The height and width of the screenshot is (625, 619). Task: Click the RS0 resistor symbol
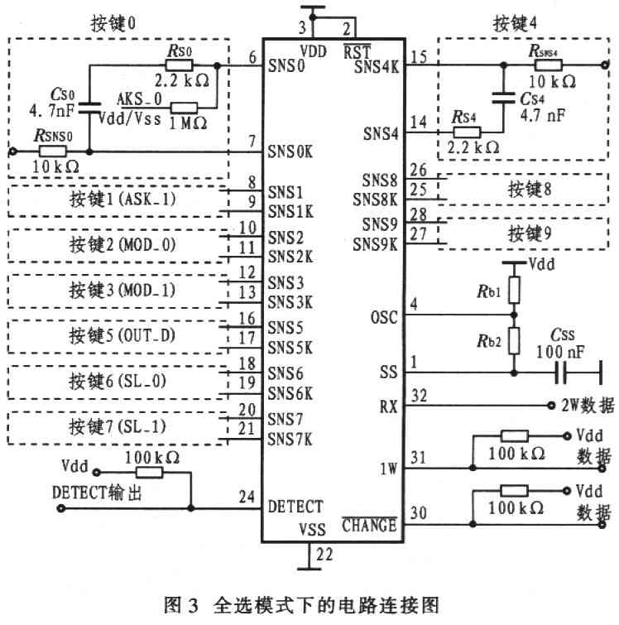(x=179, y=65)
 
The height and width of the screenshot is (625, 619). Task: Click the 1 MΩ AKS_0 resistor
(x=183, y=107)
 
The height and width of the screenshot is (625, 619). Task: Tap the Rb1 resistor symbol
(x=514, y=291)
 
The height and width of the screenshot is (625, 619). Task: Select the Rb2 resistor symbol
(x=514, y=340)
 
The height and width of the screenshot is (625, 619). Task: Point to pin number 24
(x=247, y=498)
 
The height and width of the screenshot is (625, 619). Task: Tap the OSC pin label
(x=383, y=317)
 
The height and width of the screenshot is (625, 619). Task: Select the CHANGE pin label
(x=369, y=525)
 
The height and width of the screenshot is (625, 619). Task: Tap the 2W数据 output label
(x=586, y=406)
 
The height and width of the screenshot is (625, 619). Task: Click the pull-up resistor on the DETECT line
(x=150, y=471)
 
